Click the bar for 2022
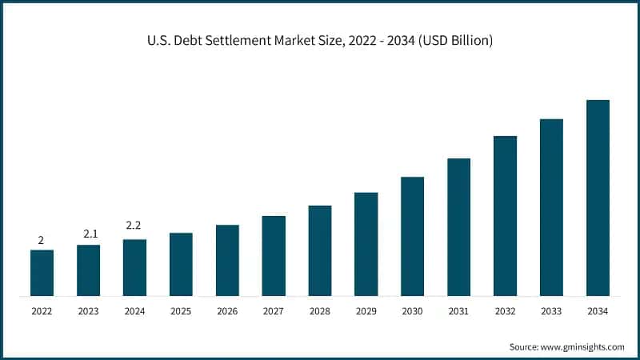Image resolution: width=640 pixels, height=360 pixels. [x=42, y=273]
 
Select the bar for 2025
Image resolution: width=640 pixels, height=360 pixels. [x=181, y=264]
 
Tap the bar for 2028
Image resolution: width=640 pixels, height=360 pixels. [x=320, y=250]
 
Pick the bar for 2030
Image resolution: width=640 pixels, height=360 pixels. [x=412, y=236]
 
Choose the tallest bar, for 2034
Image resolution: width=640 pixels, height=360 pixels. [x=598, y=198]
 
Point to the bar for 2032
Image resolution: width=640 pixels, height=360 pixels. [x=505, y=216]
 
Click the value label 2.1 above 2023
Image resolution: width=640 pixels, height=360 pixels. [x=89, y=234]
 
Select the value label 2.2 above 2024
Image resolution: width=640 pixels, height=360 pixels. [x=134, y=226]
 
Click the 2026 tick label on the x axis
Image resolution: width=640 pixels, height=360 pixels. [x=227, y=310]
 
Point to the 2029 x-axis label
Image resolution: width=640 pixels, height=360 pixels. [x=366, y=310]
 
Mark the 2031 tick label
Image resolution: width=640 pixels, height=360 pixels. [x=458, y=310]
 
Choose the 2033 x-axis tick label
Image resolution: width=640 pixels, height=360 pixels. [x=551, y=310]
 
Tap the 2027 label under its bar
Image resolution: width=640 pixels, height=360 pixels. [x=274, y=310]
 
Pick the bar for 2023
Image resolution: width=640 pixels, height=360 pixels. [x=89, y=270]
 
